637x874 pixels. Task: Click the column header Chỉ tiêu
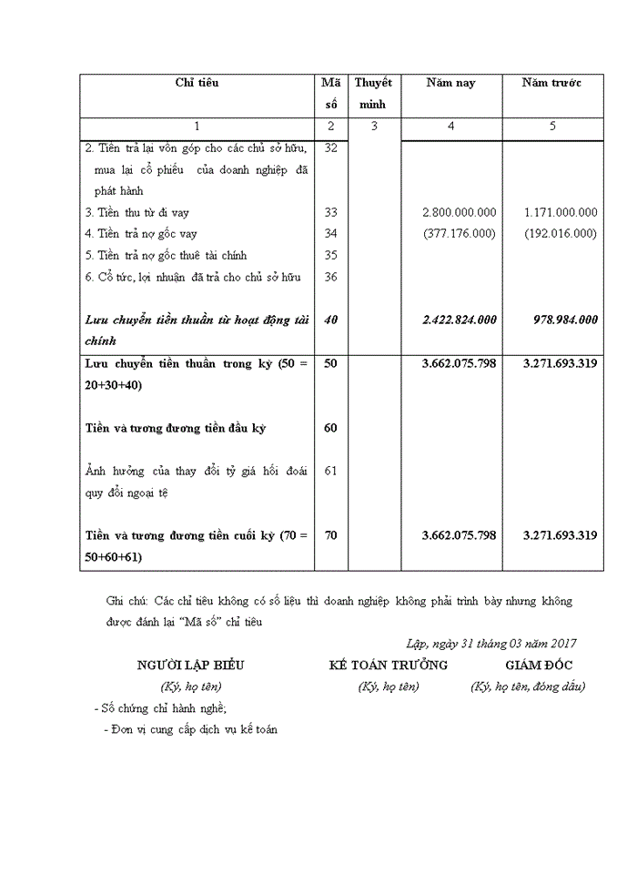pos(197,83)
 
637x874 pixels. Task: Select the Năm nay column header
pos(451,83)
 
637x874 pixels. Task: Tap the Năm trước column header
pos(552,83)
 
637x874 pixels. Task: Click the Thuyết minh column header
pos(373,93)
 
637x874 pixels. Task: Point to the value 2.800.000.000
pos(460,212)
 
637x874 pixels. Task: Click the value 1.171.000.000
pos(561,212)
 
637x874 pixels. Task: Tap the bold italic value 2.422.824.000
pos(460,320)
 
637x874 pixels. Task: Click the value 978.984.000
pos(565,320)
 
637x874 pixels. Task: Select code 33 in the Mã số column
pos(330,212)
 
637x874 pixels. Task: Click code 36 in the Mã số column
pos(330,277)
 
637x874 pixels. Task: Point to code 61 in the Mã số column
pos(330,471)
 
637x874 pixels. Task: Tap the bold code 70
pos(330,535)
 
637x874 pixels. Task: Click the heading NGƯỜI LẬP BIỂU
pos(190,666)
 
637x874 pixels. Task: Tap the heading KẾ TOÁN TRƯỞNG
pos(389,666)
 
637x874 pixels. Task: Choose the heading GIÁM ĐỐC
pos(539,666)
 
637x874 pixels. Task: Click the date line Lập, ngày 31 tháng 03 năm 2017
pos(490,644)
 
